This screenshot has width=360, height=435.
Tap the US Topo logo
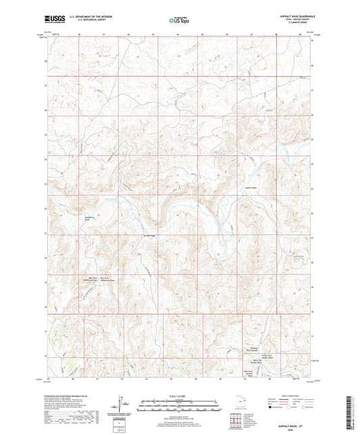coord(178,20)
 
